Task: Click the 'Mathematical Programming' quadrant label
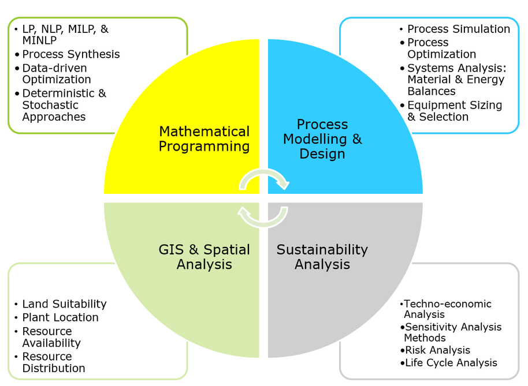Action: coord(204,139)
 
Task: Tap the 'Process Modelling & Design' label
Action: coord(322,139)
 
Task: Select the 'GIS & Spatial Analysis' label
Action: coord(204,257)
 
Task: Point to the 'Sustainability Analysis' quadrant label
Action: coord(322,257)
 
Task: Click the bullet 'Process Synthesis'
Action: coord(70,54)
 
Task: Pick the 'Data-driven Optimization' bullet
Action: coord(57,74)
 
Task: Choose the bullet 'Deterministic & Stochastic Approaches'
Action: coord(64,105)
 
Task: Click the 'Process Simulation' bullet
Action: coord(459,29)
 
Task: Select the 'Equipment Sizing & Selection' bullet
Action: coord(455,111)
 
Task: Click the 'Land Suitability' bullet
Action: coord(64,303)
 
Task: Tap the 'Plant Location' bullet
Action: coord(60,317)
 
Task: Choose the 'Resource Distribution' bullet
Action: coord(54,362)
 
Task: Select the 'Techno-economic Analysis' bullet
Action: coord(447,309)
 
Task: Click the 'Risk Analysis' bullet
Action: coord(437,350)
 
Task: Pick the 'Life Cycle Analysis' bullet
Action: coord(451,363)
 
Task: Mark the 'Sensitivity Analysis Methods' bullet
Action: coord(452,332)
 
